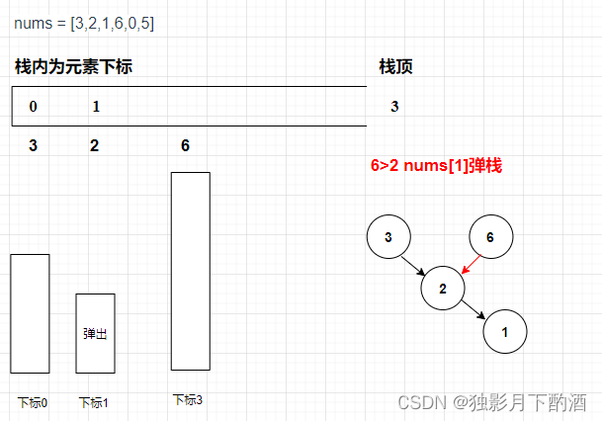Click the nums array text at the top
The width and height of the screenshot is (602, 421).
(x=84, y=23)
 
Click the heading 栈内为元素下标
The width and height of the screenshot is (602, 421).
(x=73, y=67)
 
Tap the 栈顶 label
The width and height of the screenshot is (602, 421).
(x=395, y=67)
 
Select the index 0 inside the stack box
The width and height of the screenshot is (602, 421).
(x=34, y=107)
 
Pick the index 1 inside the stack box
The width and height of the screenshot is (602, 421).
(x=96, y=107)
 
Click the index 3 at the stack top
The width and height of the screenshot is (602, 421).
(x=394, y=107)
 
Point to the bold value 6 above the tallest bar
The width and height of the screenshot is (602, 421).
(x=185, y=146)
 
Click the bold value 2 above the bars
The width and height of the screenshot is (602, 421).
(x=94, y=146)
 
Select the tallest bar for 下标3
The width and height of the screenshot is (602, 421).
(x=190, y=271)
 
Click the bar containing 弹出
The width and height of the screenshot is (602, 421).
(x=95, y=333)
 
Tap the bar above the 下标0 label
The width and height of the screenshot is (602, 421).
(x=30, y=312)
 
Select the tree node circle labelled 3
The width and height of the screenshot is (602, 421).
(x=388, y=237)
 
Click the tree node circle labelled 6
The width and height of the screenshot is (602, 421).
(x=489, y=237)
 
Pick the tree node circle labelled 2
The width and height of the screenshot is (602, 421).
(x=443, y=288)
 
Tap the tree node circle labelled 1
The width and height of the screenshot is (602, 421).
(x=505, y=332)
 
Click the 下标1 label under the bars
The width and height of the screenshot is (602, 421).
(x=94, y=402)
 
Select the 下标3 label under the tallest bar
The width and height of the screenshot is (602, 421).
(x=188, y=400)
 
